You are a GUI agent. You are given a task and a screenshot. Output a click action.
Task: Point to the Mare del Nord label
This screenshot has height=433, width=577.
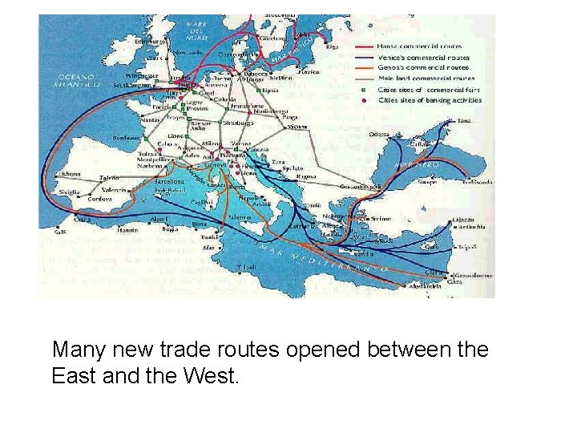pos(197,30)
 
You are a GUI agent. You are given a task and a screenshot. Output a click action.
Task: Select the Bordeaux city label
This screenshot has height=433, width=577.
pos(127,136)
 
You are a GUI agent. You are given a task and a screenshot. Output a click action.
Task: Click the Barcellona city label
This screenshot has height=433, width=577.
pos(167,181)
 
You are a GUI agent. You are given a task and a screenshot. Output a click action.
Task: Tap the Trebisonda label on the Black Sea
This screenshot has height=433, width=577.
pos(476,182)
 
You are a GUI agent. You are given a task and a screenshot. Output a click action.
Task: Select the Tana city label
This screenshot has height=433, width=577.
pos(464,121)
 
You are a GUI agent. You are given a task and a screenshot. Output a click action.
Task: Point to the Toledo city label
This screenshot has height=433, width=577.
pos(110,177)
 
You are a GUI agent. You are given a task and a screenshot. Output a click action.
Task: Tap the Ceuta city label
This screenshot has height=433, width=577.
pos(82,219)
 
